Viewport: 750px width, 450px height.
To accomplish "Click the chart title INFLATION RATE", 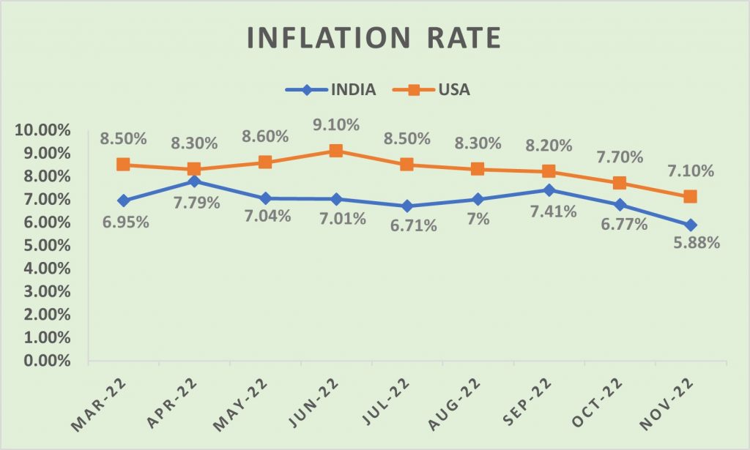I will [374, 37].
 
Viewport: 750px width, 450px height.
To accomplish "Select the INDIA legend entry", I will [330, 91].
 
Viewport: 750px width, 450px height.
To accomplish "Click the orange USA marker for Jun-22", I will [335, 151].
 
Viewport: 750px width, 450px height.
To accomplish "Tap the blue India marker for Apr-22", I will [194, 181].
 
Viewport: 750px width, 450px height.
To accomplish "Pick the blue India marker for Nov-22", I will [690, 225].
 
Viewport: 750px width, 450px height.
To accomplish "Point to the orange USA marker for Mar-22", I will [123, 165].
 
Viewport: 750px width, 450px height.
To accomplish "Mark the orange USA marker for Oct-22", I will [619, 183].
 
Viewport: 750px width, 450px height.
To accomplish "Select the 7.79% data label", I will [196, 202].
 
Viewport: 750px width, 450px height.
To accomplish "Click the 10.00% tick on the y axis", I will [41, 130].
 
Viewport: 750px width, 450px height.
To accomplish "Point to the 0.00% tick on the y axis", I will [44, 361].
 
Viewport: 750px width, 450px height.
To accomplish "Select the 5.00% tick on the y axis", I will [44, 245].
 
